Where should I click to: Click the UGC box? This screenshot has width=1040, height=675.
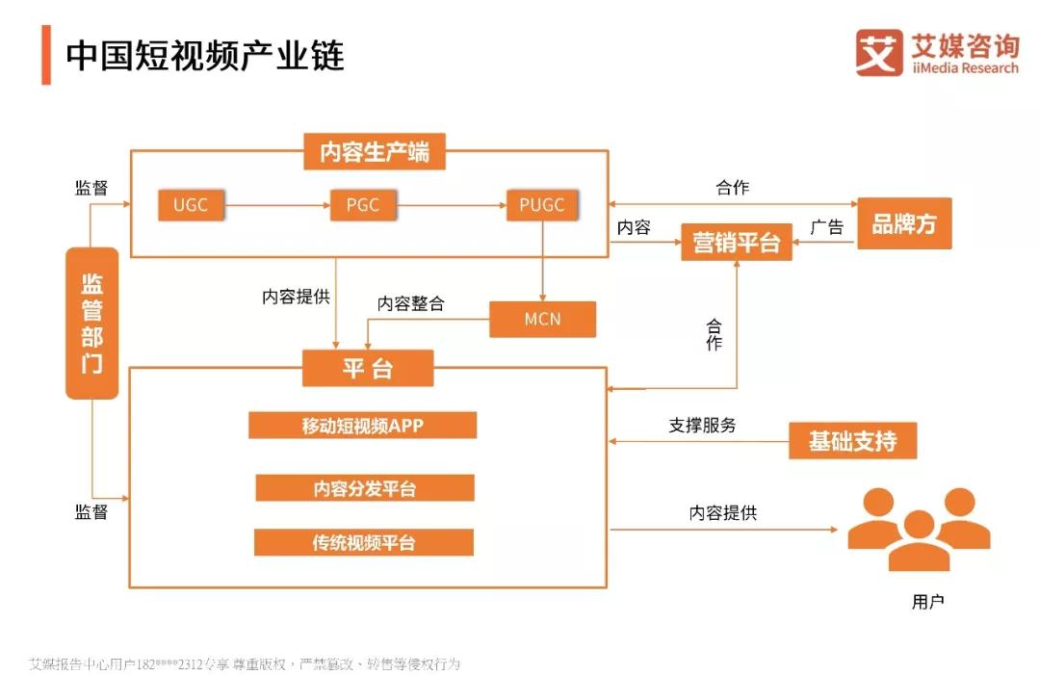click(191, 205)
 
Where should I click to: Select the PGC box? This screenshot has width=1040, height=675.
click(363, 205)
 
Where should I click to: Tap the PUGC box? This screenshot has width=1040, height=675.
click(542, 205)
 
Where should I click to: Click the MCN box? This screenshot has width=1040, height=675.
click(542, 319)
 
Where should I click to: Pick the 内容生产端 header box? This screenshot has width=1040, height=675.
click(374, 151)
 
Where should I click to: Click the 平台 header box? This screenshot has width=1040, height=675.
click(368, 368)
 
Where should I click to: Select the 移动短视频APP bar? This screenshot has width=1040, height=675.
click(362, 425)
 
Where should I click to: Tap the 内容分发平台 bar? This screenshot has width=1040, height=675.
click(365, 488)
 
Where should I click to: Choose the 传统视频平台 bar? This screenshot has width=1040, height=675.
click(363, 542)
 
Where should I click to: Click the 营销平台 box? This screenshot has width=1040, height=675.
click(737, 242)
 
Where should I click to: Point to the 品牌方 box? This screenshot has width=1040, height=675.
click(904, 223)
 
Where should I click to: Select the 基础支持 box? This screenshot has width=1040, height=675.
click(852, 440)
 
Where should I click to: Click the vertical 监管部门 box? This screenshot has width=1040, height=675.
click(92, 323)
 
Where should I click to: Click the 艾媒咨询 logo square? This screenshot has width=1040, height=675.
click(879, 52)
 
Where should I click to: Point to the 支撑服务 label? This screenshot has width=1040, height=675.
click(702, 425)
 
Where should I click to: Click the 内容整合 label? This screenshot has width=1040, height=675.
click(410, 303)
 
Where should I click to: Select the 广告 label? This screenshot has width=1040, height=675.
click(826, 227)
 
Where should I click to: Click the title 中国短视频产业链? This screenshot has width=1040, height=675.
click(205, 55)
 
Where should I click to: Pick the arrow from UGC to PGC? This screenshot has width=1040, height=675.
click(277, 205)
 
